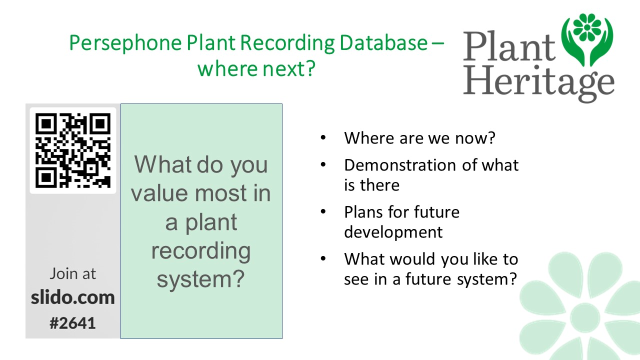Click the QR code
pos(73,150)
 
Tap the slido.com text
pos(73,297)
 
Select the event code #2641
pos(72,323)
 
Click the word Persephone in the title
pos(125,43)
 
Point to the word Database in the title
pos(383,42)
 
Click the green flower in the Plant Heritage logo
pos(587,27)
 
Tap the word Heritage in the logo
pos(538,83)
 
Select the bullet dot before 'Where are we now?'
pos(323,138)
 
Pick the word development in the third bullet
pos(393,231)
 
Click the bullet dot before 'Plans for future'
pos(323,211)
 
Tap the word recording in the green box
pos(201,251)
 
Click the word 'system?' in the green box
pos(201,279)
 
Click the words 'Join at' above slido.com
pos(73,273)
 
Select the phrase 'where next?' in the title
pos(256,69)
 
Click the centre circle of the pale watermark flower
pos(585,316)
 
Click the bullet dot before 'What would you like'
pos(323,258)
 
